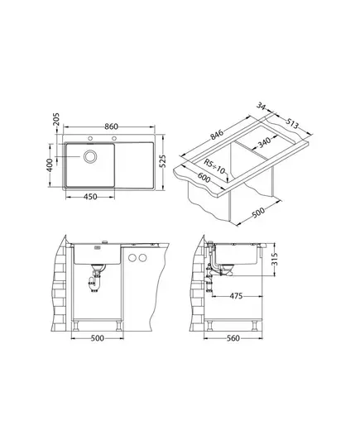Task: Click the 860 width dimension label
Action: pyautogui.click(x=111, y=127)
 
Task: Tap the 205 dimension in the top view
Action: pyautogui.click(x=56, y=120)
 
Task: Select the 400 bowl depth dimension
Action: pyautogui.click(x=50, y=165)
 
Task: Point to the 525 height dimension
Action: pyautogui.click(x=163, y=161)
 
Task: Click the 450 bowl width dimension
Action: pyautogui.click(x=91, y=197)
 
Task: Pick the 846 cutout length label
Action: pyautogui.click(x=217, y=134)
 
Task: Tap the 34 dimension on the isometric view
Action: pyautogui.click(x=261, y=106)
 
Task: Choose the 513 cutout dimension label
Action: pyautogui.click(x=292, y=123)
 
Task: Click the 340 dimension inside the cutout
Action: pyautogui.click(x=265, y=142)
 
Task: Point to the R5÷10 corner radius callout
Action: pyautogui.click(x=215, y=166)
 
